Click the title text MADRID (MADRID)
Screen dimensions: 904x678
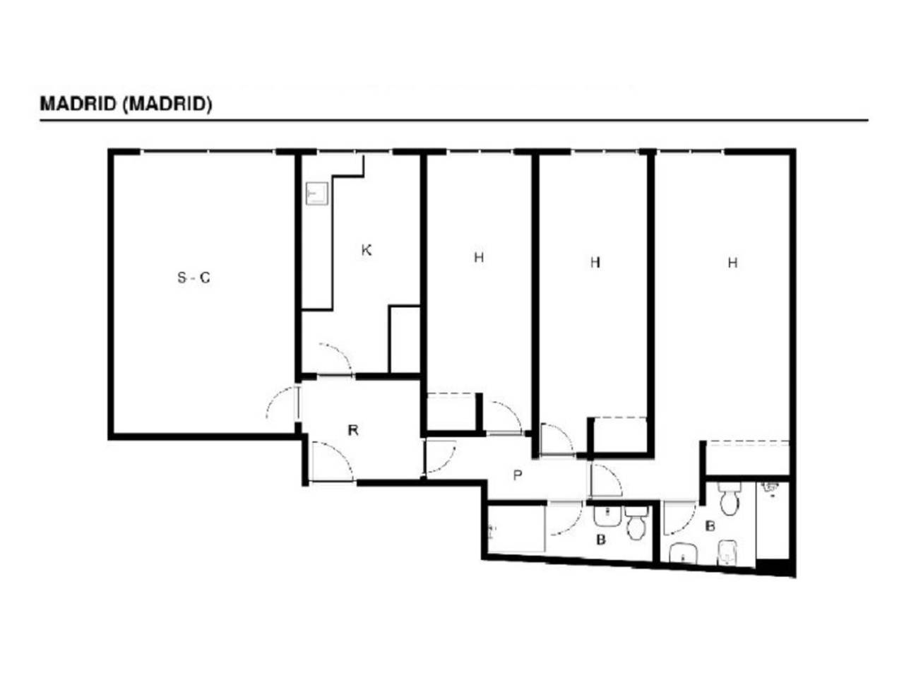126,104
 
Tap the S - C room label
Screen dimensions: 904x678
194,278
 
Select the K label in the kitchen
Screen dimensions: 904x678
366,250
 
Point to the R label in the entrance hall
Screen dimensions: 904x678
353,431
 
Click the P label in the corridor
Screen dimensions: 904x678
518,475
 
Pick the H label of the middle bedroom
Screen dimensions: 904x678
595,262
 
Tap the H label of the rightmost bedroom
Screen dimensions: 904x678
732,263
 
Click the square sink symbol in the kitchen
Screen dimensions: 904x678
317,194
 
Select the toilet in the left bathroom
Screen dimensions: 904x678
636,523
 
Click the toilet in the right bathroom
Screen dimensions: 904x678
730,499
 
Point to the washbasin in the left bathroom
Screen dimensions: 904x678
607,516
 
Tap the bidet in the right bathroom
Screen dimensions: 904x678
727,552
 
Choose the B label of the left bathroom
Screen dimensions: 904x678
601,540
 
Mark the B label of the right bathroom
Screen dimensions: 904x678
710,526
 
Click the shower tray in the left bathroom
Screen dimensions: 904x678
516,528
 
